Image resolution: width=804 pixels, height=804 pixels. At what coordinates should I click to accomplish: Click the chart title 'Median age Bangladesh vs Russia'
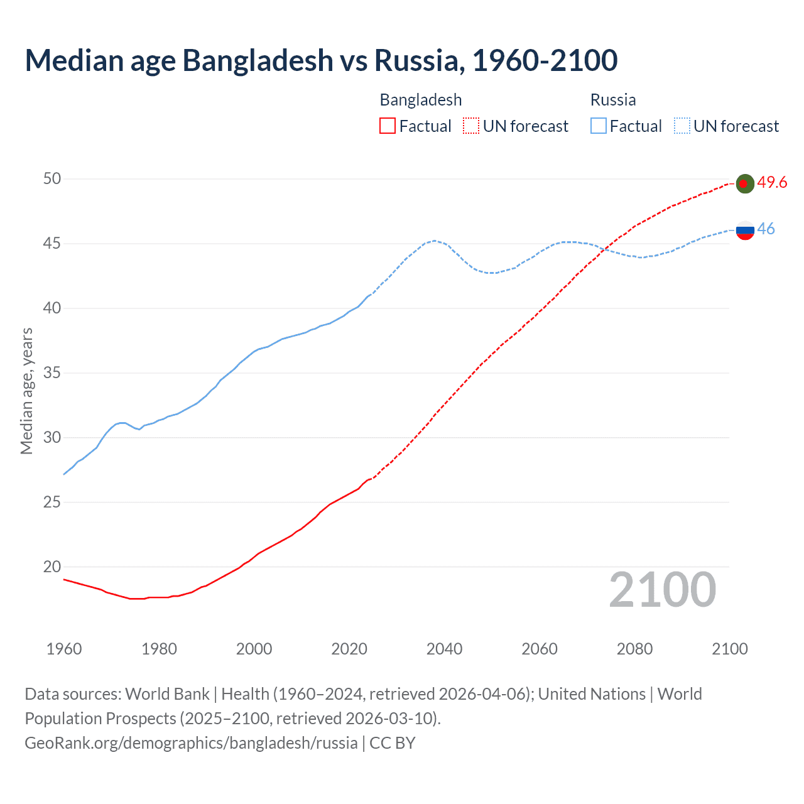pos(321,60)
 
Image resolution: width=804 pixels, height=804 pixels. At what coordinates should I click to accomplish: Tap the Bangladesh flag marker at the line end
pos(744,183)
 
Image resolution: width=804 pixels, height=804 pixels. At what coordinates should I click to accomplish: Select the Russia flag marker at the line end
pos(744,230)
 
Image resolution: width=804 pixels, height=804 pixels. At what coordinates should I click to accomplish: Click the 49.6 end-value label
pos(772,183)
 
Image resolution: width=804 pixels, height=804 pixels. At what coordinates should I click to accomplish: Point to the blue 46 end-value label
pos(766,229)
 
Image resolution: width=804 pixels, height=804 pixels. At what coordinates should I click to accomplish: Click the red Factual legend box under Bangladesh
pos(388,126)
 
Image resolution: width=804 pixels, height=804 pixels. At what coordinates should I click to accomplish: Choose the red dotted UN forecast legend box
pos(471,126)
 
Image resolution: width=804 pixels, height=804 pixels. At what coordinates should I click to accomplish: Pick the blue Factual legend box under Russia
pos(598,126)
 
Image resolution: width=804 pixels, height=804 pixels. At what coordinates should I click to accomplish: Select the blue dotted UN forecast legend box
pos(682,126)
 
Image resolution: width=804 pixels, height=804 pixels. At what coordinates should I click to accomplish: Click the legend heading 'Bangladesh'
pos(421,100)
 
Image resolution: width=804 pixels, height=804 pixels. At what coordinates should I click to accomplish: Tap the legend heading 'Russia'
pos(613,100)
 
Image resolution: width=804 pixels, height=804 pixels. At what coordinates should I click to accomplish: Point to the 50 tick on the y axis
pos(52,179)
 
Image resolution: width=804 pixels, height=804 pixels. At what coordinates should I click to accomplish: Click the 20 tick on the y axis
pos(52,567)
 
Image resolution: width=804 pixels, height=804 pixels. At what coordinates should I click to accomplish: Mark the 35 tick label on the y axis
pos(52,373)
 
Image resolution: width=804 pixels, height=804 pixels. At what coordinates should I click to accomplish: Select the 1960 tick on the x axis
pos(64,649)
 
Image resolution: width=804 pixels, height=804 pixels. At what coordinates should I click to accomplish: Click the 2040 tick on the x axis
pos(444,649)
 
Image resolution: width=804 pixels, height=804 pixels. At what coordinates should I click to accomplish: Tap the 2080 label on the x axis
pos(634,649)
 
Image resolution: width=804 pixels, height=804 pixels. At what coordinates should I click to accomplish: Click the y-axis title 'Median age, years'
pos(26,391)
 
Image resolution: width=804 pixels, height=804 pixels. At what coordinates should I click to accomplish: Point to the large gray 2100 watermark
pos(662,590)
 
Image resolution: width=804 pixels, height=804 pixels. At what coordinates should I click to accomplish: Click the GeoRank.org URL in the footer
pos(191,743)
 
